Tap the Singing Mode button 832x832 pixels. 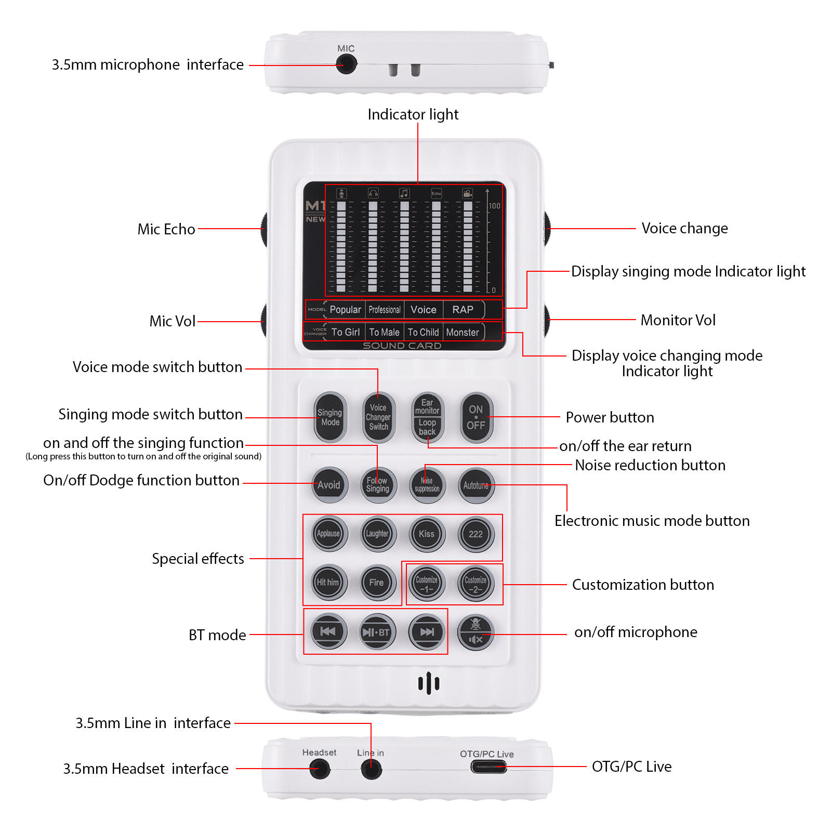pos(330,417)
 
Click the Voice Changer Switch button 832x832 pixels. pos(378,417)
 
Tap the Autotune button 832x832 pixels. pos(476,485)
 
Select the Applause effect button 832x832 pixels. pos(328,534)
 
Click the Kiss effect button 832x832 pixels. pos(427,534)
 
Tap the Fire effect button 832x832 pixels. pos(377,583)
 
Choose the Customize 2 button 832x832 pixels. pos(476,584)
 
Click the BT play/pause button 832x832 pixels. pos(377,632)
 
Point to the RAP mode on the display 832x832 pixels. pos(463,310)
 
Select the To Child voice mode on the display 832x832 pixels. pos(423,332)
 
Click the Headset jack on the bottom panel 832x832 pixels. pos(320,769)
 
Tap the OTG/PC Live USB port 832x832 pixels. pos(488,767)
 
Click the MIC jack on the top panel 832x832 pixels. pos(346,64)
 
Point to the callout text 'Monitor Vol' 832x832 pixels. pos(678,320)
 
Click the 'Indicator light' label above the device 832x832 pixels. pos(413,114)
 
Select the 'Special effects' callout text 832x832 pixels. pos(198,559)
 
